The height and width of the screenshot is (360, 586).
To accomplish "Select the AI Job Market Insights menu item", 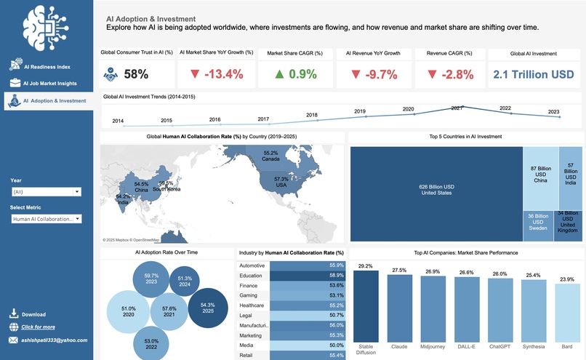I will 55,84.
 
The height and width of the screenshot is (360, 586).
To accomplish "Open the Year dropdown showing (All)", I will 47,192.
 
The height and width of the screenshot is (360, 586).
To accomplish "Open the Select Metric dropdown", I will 47,219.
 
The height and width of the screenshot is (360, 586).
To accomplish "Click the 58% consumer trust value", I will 136,73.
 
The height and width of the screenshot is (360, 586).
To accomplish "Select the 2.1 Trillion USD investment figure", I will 534,74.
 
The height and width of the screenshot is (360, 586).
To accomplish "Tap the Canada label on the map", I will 270,156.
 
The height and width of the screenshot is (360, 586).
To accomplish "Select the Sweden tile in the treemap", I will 537,222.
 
